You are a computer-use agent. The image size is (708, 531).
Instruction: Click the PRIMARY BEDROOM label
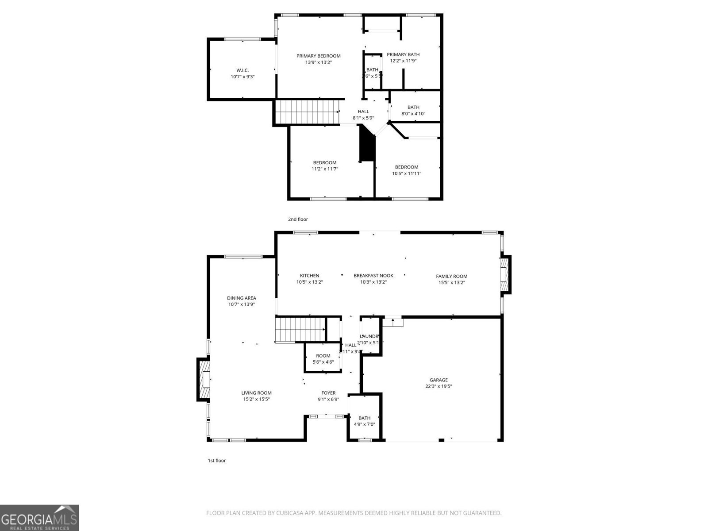click(x=318, y=56)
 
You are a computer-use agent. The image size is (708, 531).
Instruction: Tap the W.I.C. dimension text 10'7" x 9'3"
click(x=242, y=77)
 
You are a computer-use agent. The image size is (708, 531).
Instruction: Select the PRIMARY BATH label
click(x=403, y=54)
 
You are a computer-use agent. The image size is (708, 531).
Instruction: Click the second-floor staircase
click(x=307, y=112)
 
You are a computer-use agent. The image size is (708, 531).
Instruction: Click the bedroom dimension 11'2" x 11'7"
click(x=325, y=169)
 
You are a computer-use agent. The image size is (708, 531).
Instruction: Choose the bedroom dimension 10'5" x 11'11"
click(x=407, y=173)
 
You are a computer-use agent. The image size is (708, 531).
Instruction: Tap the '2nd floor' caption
click(x=298, y=219)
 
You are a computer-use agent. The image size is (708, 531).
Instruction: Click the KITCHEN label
click(x=309, y=276)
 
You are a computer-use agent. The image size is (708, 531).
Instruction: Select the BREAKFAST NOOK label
click(x=373, y=276)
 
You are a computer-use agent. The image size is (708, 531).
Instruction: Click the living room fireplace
click(x=204, y=380)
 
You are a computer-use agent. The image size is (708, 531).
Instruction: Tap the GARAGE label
click(x=439, y=380)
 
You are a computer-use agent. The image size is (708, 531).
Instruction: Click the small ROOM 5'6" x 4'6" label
click(x=323, y=356)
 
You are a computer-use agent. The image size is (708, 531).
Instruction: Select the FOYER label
click(x=328, y=393)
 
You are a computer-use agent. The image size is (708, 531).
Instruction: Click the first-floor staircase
click(x=300, y=330)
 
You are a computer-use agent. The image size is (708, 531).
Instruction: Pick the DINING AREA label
click(x=242, y=298)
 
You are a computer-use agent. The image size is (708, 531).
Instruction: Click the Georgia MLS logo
click(x=39, y=518)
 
